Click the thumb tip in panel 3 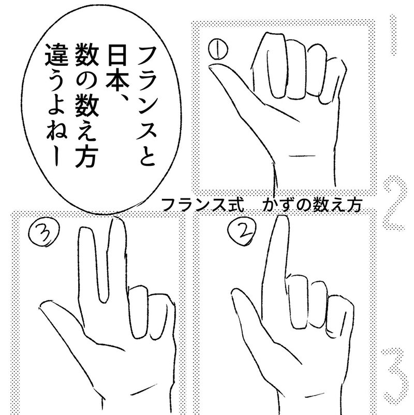[x=45, y=309]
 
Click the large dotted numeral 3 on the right [x=395, y=373]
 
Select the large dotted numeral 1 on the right [x=395, y=36]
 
